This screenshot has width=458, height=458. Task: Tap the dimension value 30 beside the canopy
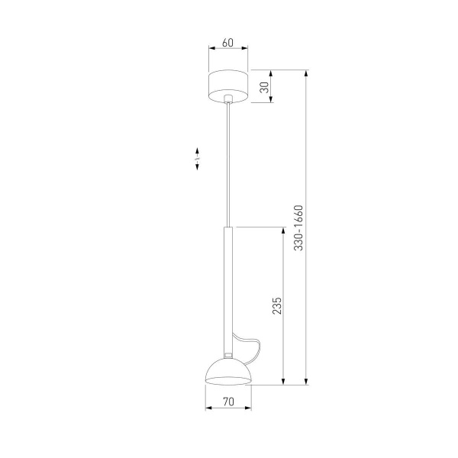[264, 86]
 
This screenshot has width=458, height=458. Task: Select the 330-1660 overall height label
[299, 227]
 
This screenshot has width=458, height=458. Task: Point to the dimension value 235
[277, 306]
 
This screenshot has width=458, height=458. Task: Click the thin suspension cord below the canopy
[229, 160]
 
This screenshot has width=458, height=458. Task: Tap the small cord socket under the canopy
[229, 98]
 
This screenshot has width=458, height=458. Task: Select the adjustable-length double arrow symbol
[197, 159]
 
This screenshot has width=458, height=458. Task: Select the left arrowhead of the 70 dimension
[208, 408]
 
